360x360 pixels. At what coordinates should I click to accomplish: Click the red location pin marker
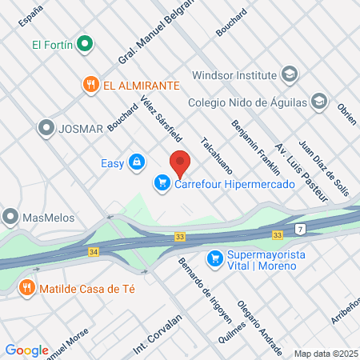(180, 162)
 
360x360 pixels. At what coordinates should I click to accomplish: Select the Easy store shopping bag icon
(137, 163)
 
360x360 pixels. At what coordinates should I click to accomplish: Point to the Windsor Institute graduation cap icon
(289, 74)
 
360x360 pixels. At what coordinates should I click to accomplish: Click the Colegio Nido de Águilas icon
(319, 102)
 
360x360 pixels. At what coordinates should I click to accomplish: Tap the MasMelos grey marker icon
(10, 216)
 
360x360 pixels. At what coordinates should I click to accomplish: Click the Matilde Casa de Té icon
(28, 286)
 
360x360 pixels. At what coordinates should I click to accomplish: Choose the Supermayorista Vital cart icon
(214, 258)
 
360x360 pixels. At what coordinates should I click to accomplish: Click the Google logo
(27, 350)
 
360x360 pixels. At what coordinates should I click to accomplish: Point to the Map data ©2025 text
(324, 353)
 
